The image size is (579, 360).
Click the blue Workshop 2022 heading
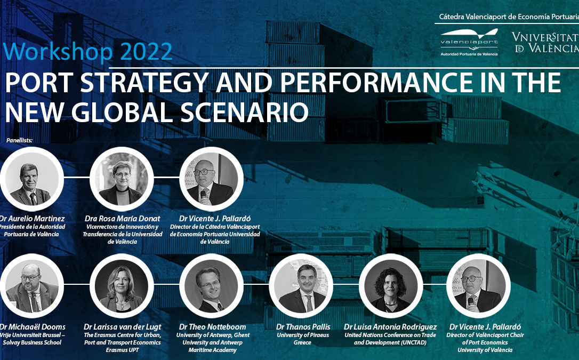[x=88, y=52]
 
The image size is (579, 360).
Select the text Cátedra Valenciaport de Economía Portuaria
[x=508, y=17]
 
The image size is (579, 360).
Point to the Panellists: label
[x=20, y=140]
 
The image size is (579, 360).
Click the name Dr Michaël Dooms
[x=33, y=326]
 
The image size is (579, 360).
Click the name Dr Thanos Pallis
[x=303, y=326]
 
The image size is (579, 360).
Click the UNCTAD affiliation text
[x=391, y=339]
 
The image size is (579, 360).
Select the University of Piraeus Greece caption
[x=303, y=339]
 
